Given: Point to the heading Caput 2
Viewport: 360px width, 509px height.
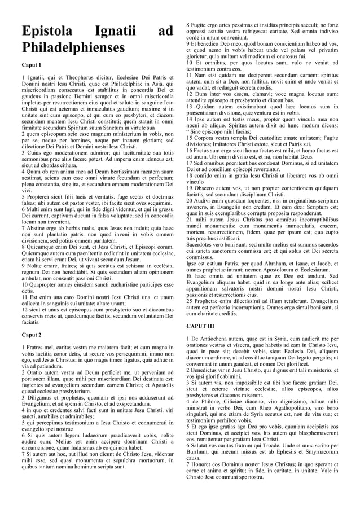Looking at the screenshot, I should (x=31, y=335).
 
